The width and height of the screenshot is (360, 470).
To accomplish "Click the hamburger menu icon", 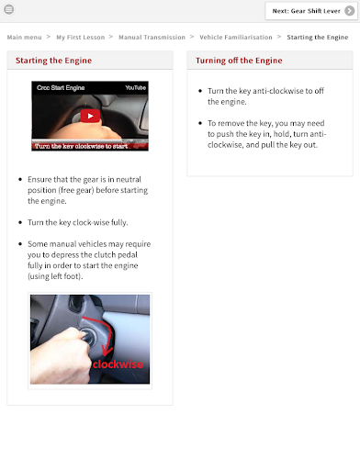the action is (x=9, y=9).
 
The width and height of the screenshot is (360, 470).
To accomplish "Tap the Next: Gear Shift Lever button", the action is (x=311, y=11).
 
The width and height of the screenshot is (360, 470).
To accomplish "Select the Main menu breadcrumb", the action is (x=24, y=38).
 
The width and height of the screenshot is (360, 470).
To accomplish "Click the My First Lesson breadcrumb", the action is (x=81, y=38).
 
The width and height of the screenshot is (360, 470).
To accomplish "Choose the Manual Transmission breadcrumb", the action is (x=152, y=38).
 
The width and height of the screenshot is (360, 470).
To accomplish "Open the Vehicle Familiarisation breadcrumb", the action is (x=236, y=38).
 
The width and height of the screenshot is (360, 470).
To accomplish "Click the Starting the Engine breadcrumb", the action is (x=318, y=38).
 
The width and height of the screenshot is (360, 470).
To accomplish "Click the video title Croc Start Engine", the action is (x=61, y=88).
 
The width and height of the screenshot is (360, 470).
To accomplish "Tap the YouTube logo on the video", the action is (x=135, y=88).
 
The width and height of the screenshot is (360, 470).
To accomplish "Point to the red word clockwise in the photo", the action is (x=118, y=364).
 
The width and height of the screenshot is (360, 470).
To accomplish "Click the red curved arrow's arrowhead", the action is (x=107, y=351).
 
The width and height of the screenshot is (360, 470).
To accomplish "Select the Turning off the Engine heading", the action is (x=239, y=61).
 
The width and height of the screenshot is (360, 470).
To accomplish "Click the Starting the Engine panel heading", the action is (x=53, y=61).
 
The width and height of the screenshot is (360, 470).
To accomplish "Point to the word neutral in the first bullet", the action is (x=129, y=179).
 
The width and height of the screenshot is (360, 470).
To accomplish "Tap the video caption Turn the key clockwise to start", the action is (x=81, y=146).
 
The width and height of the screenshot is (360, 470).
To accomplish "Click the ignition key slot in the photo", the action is (x=87, y=335).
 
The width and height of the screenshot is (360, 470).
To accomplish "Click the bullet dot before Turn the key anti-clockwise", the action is (x=200, y=91).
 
